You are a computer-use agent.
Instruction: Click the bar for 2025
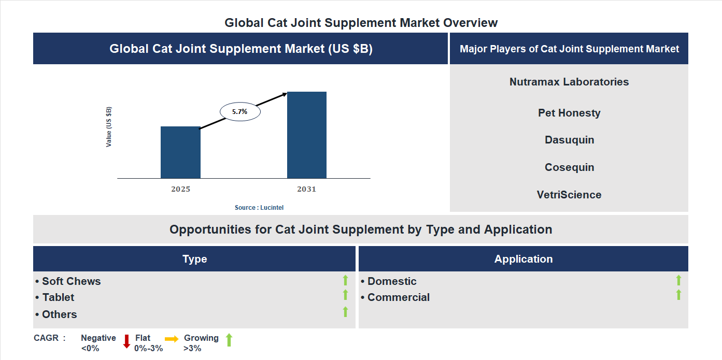coord(180,152)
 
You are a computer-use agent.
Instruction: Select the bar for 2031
coord(307,135)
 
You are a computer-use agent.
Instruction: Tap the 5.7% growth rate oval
coord(240,111)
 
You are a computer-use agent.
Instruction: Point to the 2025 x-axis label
coord(180,189)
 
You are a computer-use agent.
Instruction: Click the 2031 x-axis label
coord(306,189)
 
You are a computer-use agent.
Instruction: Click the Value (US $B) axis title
coord(109,127)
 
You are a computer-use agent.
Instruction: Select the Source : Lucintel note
coord(259,208)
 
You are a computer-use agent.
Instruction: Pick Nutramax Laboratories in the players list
coord(569,82)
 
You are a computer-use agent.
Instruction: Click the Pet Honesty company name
coord(569,113)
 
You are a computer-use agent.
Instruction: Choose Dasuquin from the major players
coord(569,140)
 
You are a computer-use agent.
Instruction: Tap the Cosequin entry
coord(569,167)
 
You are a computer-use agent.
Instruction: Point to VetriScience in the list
coord(569,195)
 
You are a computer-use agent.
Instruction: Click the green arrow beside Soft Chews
coord(345,281)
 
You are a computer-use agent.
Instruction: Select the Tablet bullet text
coord(58,297)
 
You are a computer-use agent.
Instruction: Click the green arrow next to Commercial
coord(678,295)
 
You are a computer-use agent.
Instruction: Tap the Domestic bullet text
coord(391,281)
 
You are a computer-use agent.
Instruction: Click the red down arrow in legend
coord(126,341)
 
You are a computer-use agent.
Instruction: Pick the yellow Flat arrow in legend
coord(172,339)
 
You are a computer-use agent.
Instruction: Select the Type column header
coord(194,259)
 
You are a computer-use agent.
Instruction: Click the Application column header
coord(523,259)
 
